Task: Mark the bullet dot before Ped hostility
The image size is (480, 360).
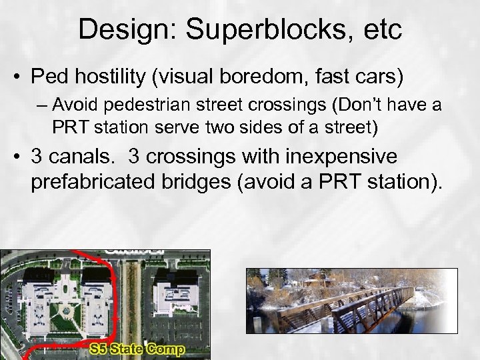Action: [x=19, y=77]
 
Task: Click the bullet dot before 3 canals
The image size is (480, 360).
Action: [x=19, y=157]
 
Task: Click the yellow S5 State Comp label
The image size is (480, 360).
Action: [x=138, y=348]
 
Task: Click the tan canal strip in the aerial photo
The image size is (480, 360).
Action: [x=130, y=300]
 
